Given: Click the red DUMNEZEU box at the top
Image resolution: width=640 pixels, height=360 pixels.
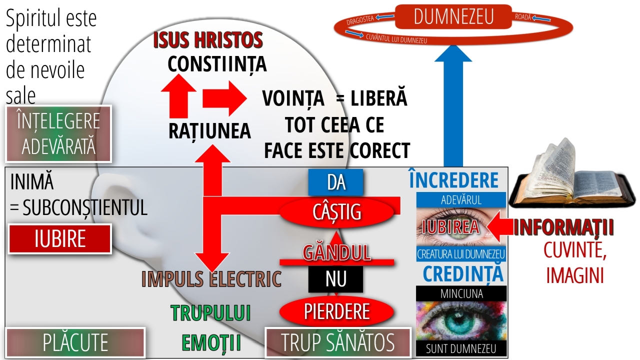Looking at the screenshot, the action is pos(453,16).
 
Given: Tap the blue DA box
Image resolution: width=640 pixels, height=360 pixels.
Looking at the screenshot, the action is pos(335,182).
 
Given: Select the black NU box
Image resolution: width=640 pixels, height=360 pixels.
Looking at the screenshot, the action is pos(335,279).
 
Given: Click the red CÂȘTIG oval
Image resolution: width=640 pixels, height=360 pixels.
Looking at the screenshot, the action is pos(336,212).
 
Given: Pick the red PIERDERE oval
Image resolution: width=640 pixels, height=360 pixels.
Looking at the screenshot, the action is pos(336,311).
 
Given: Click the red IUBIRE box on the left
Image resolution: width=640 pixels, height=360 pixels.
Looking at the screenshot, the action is pos(60,239).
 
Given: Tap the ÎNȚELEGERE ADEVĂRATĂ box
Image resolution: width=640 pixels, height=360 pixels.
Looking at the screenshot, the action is pos(58,133).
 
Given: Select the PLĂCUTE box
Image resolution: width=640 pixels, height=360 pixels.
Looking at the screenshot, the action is pos(75,342).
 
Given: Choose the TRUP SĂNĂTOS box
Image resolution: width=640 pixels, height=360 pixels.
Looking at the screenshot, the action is pos(338,342).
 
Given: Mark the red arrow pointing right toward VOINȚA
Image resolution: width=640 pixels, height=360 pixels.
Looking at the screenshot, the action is pos(224,98).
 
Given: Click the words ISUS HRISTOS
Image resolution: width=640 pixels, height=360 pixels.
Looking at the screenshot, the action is pos(208,40).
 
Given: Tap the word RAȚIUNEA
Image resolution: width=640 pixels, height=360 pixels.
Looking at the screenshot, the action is pos(209,131).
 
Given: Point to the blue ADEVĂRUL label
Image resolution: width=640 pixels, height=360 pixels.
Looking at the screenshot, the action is pos(461,199).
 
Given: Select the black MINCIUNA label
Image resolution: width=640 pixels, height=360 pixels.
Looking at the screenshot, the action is pos(461,293).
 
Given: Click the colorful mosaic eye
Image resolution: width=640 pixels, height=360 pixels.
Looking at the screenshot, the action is pos(461,321).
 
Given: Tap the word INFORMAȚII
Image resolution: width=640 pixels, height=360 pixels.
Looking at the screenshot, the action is pos(563,227).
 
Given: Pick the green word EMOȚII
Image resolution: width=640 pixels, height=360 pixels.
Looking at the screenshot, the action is pos(211,343).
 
